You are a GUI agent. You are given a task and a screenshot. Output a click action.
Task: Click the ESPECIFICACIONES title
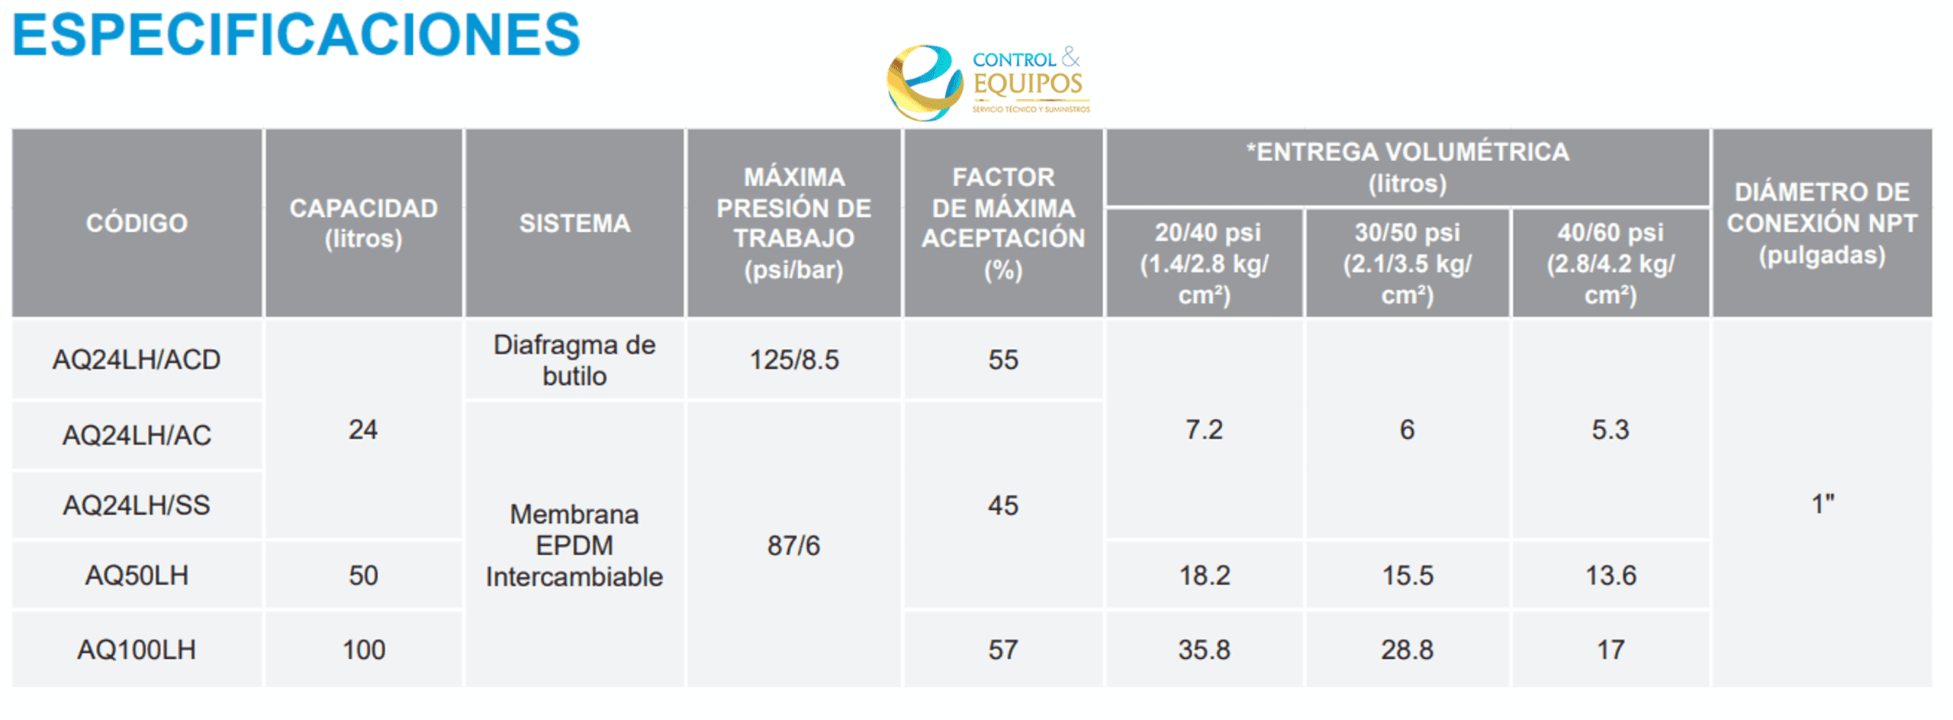point(296,35)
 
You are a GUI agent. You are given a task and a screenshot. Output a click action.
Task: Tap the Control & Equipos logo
point(989,82)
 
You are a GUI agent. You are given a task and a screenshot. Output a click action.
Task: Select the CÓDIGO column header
point(137,223)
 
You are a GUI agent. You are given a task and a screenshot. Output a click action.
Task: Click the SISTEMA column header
point(574,223)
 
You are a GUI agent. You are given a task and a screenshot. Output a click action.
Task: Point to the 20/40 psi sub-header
point(1205,263)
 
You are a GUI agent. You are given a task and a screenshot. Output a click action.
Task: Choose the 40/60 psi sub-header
point(1610,263)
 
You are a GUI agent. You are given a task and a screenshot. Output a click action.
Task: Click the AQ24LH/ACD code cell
point(137,360)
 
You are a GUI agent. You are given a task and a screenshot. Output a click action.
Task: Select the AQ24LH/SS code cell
point(137,505)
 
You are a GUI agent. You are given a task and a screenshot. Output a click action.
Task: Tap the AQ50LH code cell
point(137,575)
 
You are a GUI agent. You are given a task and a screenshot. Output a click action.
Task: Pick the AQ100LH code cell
point(137,650)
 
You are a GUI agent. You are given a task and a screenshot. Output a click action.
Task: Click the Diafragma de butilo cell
point(574,360)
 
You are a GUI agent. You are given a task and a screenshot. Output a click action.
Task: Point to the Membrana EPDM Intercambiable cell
point(574,545)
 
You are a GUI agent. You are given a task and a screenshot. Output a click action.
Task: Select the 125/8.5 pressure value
point(793,360)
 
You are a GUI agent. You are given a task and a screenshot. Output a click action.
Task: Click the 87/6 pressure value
point(793,545)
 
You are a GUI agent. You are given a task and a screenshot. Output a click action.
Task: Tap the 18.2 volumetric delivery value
point(1205,575)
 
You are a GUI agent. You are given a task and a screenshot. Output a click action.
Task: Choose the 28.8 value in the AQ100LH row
point(1407,650)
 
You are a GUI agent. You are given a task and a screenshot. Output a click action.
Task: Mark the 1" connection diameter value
point(1822,504)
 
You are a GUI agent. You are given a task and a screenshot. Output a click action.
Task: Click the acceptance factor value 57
point(1003,650)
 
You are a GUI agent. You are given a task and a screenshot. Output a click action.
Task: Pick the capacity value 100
point(363,650)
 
